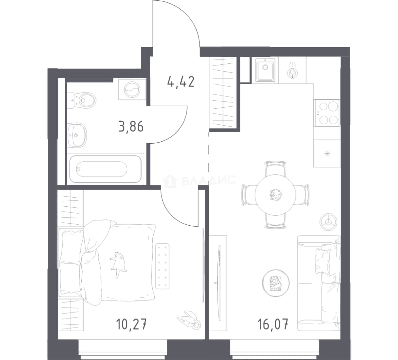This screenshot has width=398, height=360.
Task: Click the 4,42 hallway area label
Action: (181, 82)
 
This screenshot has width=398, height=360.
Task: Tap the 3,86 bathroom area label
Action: (131, 126)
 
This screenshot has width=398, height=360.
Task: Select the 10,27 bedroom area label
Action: (131, 324)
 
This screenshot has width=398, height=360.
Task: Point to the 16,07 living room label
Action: (273, 324)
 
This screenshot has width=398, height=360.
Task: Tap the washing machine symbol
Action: (132, 89)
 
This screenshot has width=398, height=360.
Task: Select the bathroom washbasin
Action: (77, 135)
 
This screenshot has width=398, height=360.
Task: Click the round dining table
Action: (275, 195)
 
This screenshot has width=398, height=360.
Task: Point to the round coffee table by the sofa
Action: (276, 283)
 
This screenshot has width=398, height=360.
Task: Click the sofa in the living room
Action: (319, 283)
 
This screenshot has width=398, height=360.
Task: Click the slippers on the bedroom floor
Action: (189, 320)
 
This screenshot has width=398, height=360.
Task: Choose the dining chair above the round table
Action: (275, 168)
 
